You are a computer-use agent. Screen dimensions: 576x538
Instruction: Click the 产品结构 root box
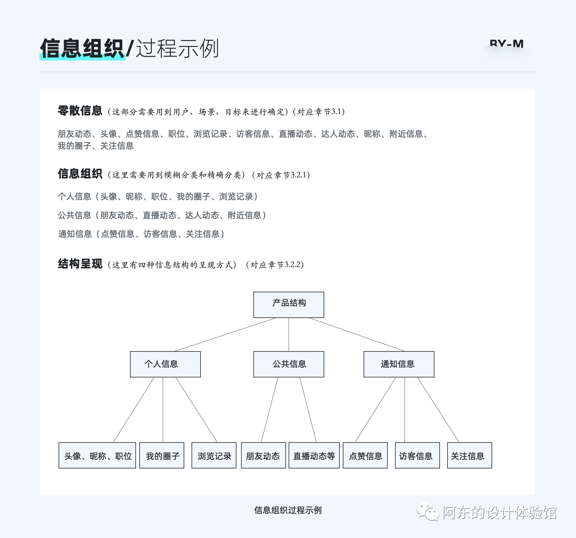pyautogui.click(x=289, y=305)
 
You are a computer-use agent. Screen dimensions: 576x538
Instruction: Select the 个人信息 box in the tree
pyautogui.click(x=165, y=364)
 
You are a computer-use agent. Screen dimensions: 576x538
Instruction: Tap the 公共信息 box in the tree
pyautogui.click(x=289, y=364)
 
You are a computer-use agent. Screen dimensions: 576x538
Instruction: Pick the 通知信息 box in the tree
pyautogui.click(x=399, y=364)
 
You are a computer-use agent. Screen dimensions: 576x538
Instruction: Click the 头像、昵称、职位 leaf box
pyautogui.click(x=97, y=455)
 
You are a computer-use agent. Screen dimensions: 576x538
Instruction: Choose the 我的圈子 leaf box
pyautogui.click(x=162, y=455)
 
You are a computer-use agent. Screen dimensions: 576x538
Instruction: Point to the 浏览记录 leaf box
pyautogui.click(x=214, y=455)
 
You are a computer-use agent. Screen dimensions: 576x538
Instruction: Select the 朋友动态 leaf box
pyautogui.click(x=263, y=455)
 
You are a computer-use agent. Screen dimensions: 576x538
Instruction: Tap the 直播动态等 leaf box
pyautogui.click(x=314, y=455)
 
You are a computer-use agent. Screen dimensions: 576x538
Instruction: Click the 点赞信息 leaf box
pyautogui.click(x=365, y=455)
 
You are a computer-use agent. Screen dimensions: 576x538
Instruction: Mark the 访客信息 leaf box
pyautogui.click(x=417, y=455)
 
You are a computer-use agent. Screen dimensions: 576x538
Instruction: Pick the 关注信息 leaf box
pyautogui.click(x=469, y=455)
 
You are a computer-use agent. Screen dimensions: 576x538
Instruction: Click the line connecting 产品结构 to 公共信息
pyautogui.click(x=289, y=335)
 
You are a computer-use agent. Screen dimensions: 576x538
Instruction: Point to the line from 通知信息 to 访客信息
pyautogui.click(x=405, y=409)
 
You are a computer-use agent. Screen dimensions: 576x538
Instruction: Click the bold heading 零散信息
pyautogui.click(x=80, y=111)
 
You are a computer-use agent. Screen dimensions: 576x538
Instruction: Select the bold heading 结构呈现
pyautogui.click(x=80, y=264)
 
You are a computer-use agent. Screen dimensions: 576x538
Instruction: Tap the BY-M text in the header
pyautogui.click(x=507, y=44)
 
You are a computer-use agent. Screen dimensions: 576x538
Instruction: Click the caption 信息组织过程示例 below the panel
pyautogui.click(x=288, y=510)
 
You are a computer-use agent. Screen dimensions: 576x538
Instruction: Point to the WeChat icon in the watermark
pyautogui.click(x=428, y=511)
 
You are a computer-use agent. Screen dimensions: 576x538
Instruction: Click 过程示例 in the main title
pyautogui.click(x=177, y=48)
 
